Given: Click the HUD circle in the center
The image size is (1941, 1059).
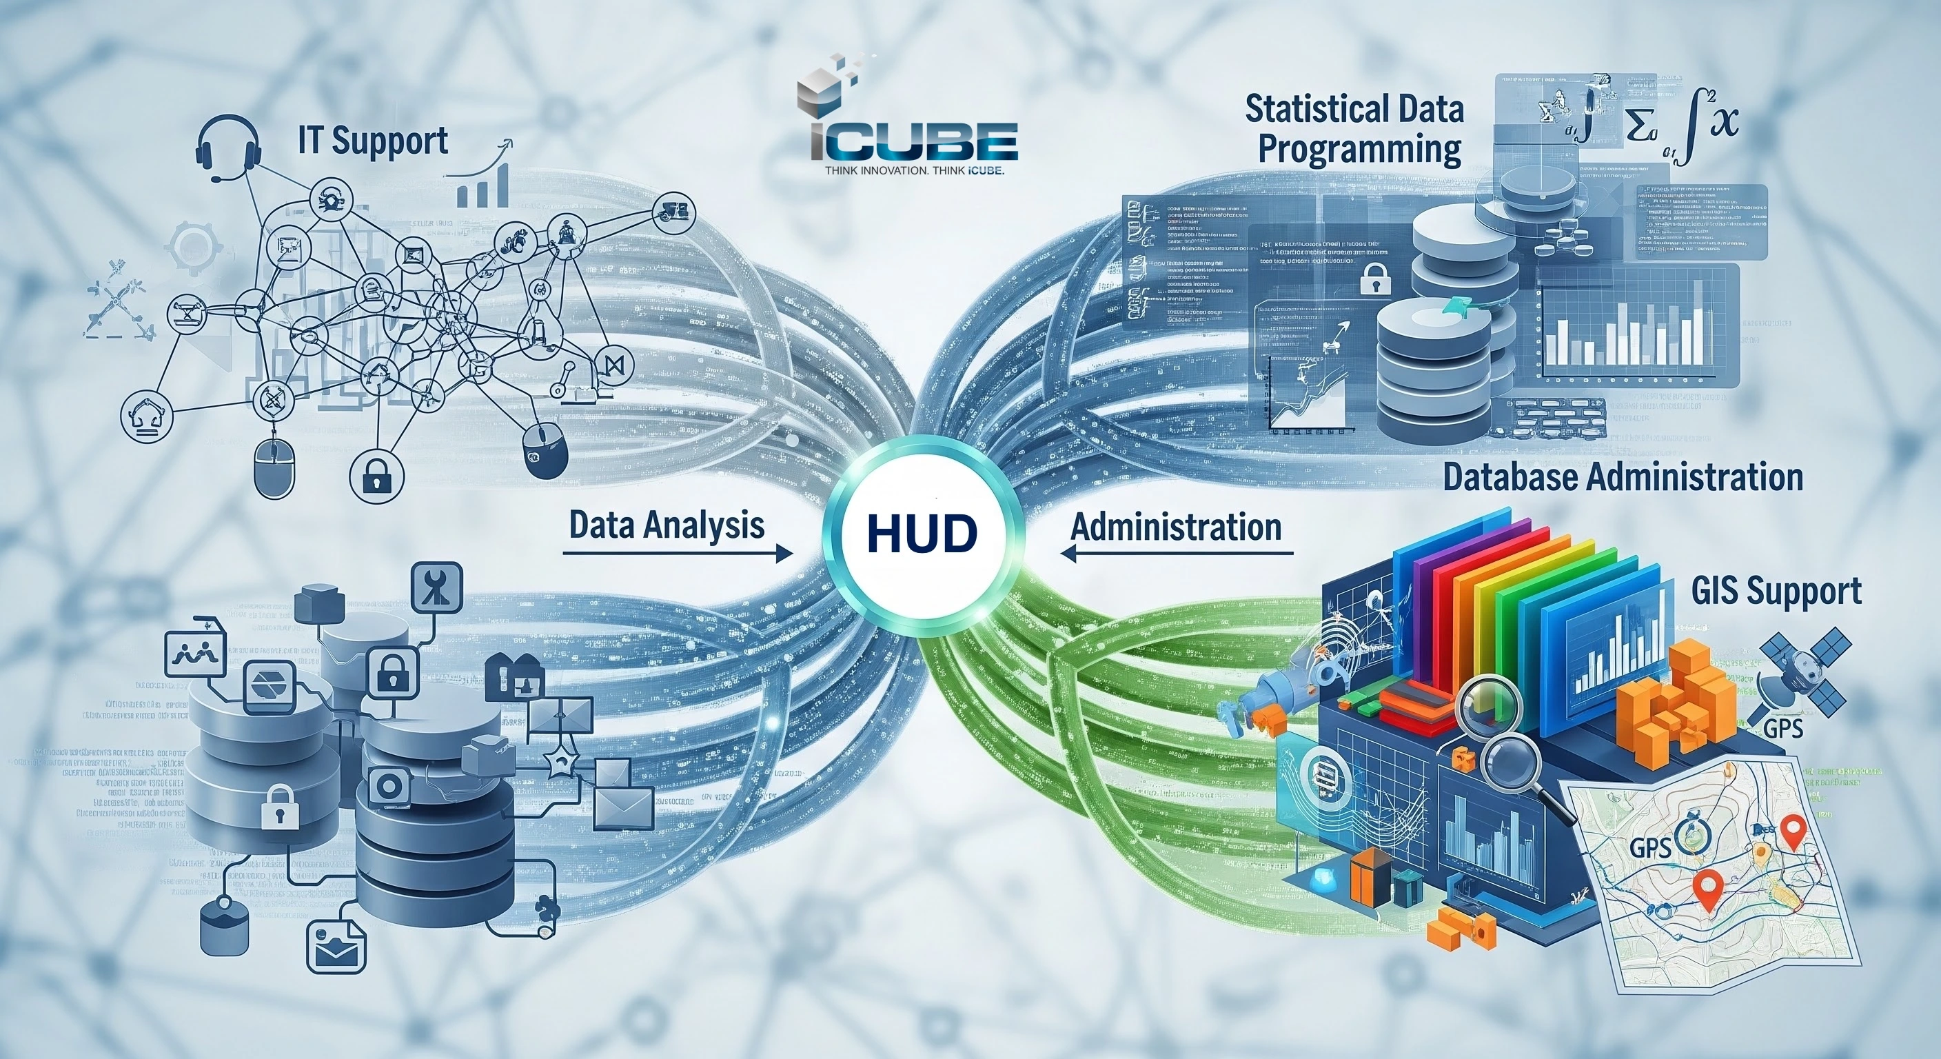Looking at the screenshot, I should pyautogui.click(x=921, y=534).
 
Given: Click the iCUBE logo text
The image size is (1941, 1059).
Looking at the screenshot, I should pyautogui.click(x=914, y=143).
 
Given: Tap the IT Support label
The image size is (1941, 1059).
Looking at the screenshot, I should pyautogui.click(x=373, y=141).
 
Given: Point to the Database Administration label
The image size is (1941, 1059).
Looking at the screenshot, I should pyautogui.click(x=1623, y=478).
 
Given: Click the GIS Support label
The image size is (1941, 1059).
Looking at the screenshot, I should pyautogui.click(x=1776, y=590).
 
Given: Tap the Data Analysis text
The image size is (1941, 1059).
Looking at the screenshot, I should pyautogui.click(x=667, y=525).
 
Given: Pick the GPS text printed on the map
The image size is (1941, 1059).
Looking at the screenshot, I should pyautogui.click(x=1650, y=847).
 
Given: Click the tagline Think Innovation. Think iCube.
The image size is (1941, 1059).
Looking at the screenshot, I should pyautogui.click(x=914, y=171).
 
